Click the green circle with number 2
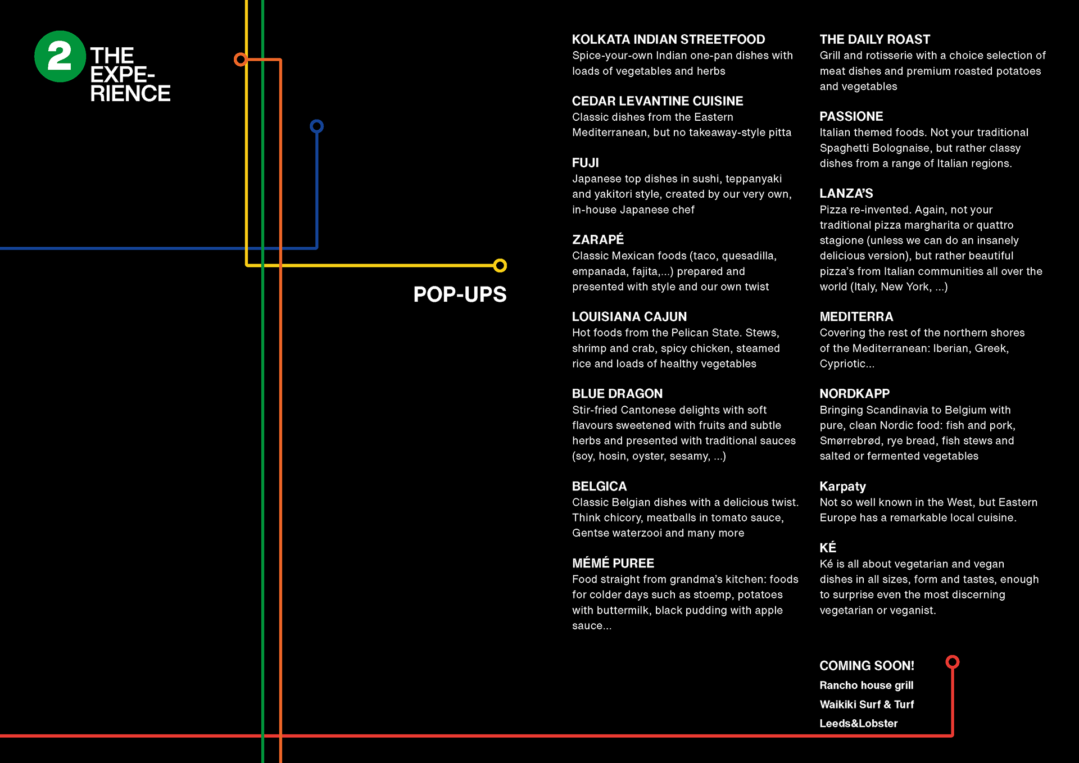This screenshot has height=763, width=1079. (x=60, y=56)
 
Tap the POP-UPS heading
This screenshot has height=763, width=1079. (x=460, y=294)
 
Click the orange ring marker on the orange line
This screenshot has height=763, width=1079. (x=241, y=59)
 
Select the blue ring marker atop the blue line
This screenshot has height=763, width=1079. (x=316, y=126)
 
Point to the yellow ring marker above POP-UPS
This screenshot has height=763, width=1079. (x=500, y=265)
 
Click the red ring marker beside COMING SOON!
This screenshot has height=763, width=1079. (x=952, y=662)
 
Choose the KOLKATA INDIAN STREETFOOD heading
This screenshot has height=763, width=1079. (x=668, y=39)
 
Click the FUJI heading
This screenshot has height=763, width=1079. (x=585, y=163)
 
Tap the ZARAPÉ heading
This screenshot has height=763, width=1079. (x=597, y=240)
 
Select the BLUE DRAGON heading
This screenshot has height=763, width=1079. (x=617, y=394)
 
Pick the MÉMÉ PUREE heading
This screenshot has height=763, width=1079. (x=613, y=564)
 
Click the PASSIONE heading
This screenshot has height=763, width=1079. (x=851, y=116)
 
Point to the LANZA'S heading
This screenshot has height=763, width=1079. (x=846, y=194)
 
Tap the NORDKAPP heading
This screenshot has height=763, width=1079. (x=854, y=394)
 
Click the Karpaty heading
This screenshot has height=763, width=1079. (x=842, y=487)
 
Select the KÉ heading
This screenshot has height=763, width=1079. (x=827, y=548)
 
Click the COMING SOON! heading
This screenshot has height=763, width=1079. (x=867, y=666)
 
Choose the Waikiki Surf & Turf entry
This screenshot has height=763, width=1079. (x=867, y=705)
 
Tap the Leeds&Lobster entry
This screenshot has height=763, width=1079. (x=858, y=724)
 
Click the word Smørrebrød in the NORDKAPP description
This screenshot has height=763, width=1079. (x=850, y=441)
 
